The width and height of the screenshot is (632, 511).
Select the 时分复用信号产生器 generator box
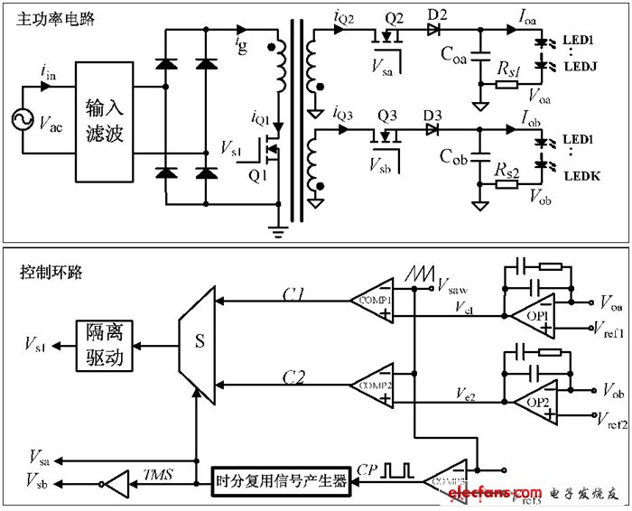[x=281, y=480]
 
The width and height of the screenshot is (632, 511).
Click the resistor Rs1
[x=507, y=85]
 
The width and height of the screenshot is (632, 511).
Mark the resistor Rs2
[x=507, y=183]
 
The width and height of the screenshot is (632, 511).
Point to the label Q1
[x=258, y=175]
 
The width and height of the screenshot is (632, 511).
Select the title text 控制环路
[x=42, y=271]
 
